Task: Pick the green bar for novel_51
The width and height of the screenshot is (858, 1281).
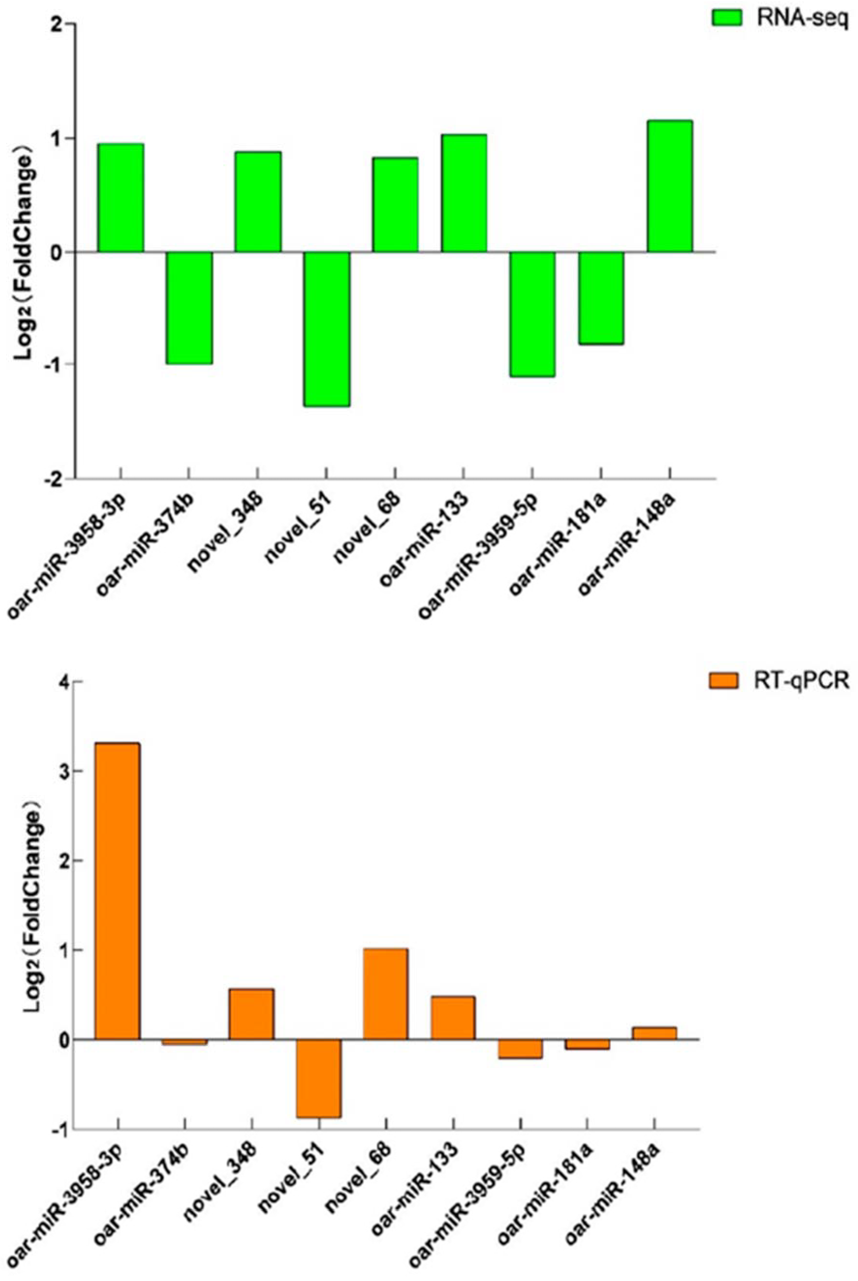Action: coord(327,329)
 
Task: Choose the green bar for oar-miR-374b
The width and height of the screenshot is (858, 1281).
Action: coord(189,307)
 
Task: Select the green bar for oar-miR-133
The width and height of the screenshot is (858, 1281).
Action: coord(464,193)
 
